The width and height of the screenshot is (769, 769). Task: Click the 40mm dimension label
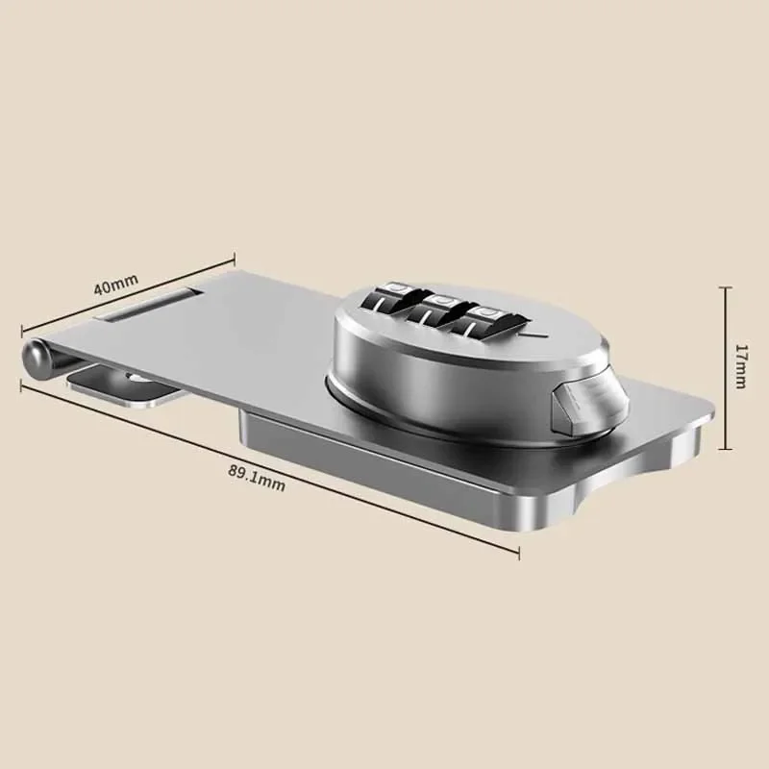tap(115, 285)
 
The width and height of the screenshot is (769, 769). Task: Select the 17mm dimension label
tap(741, 366)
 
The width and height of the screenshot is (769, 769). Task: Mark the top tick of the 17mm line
tap(725, 285)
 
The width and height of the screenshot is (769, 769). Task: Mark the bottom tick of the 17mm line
tap(725, 449)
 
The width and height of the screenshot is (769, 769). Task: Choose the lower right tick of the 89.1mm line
tap(519, 554)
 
